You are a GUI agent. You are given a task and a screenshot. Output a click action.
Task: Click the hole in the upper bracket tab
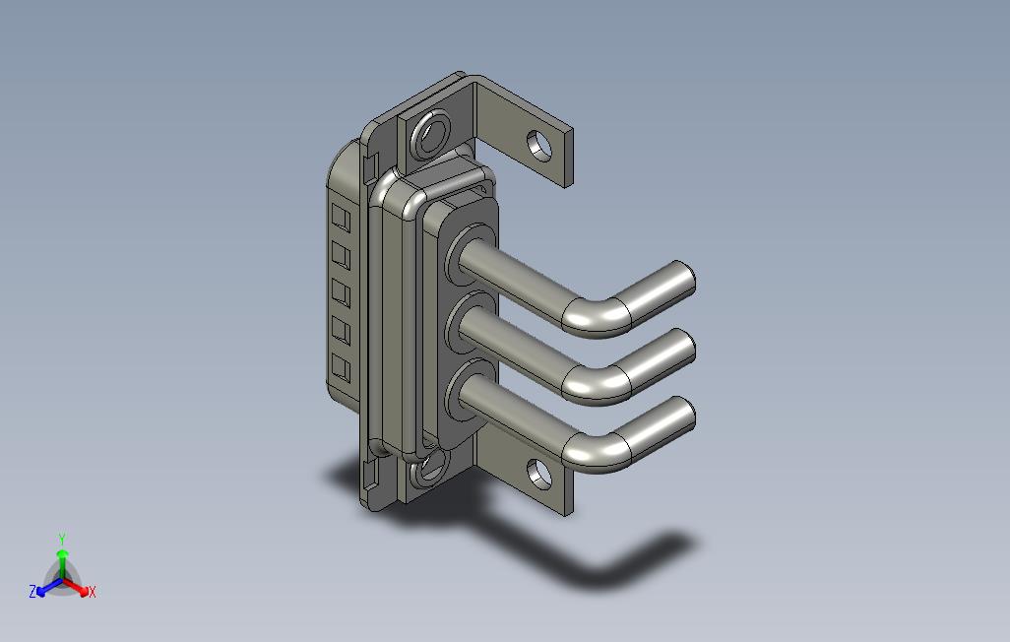tap(539, 146)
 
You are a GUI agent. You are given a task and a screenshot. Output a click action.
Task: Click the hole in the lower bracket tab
tap(539, 474)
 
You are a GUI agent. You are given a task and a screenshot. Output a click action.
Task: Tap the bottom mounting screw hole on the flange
tap(429, 468)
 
